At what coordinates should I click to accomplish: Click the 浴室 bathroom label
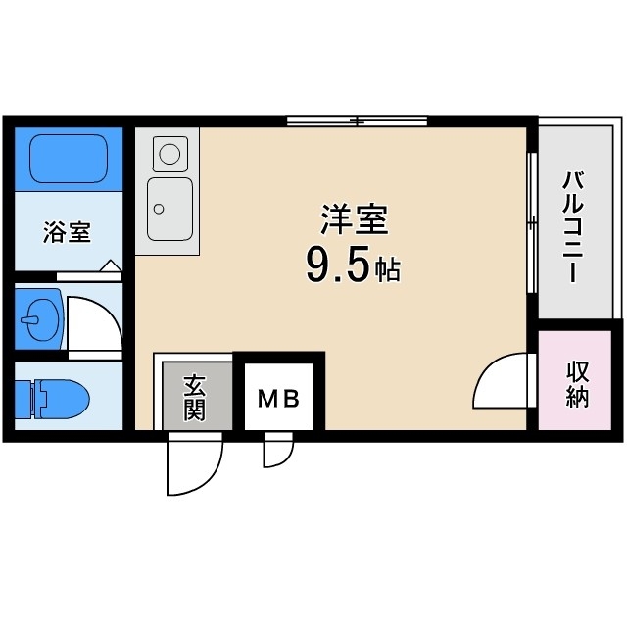click(x=67, y=233)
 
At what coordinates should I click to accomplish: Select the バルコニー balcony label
click(x=575, y=226)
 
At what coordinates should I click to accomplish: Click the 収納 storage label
click(x=577, y=384)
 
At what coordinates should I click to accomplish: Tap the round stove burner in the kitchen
click(x=170, y=153)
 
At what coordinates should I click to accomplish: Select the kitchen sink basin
click(x=169, y=208)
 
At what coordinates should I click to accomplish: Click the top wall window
click(x=358, y=121)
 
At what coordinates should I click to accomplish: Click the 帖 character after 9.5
click(x=389, y=270)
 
